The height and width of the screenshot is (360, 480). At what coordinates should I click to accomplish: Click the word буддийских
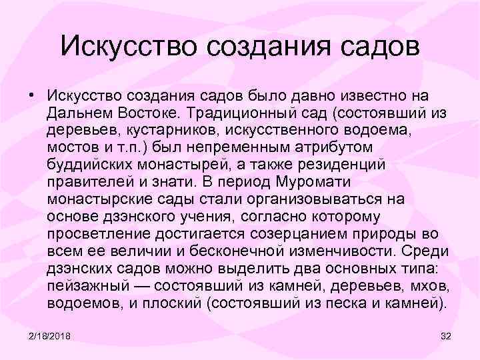point(87,164)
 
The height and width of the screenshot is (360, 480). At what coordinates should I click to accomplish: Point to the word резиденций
point(311,164)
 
